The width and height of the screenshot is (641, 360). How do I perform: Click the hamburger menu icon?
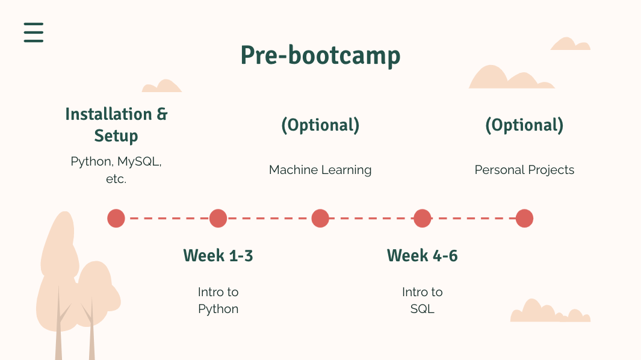coord(34,33)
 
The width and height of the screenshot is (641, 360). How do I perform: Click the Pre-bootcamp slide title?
coord(320,55)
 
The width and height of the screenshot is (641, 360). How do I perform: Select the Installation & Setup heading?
coord(116,125)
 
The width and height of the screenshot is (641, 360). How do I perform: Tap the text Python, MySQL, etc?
coord(116,170)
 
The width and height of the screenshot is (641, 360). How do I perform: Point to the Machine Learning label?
coord(320,170)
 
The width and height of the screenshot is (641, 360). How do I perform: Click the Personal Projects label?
coord(524,170)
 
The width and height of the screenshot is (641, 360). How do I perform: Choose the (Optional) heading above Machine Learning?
coord(320,125)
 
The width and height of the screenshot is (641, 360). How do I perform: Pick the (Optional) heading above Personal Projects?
coord(524,125)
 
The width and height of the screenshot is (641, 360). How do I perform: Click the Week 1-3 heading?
coord(218,256)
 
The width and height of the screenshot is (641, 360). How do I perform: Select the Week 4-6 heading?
coord(423,256)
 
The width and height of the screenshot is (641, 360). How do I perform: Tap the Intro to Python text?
coord(218,300)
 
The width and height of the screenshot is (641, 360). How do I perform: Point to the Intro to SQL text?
coord(423,300)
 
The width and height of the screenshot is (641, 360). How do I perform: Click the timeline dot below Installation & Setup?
coord(116,218)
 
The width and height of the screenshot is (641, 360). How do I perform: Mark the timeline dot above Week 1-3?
coord(218,218)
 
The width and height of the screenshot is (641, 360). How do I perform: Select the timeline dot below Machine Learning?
coord(320,218)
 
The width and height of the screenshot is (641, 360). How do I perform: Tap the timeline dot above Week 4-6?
coord(423,218)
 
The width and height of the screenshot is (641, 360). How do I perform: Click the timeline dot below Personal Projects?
coord(524,218)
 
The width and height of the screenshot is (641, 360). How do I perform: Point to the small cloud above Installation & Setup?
coord(163,87)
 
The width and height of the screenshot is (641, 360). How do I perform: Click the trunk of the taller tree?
coord(58,327)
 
